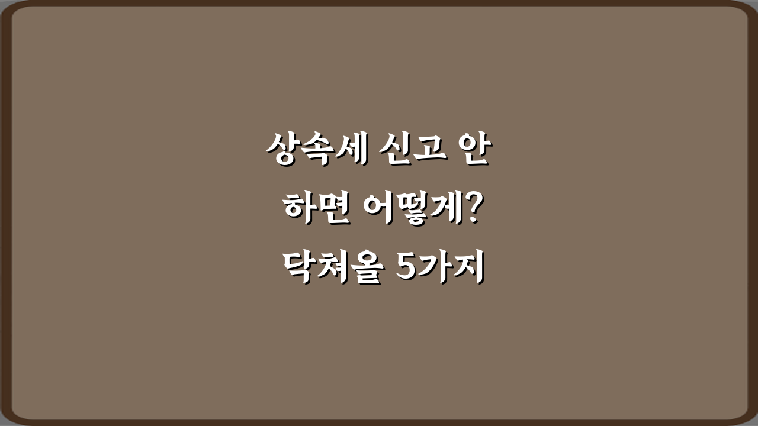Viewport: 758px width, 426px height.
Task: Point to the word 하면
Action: (314, 210)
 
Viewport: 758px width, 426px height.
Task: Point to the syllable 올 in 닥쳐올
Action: (364, 269)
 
